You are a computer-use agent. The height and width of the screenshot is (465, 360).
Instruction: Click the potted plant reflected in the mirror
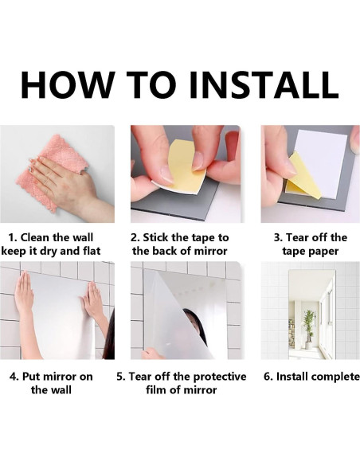(309, 329)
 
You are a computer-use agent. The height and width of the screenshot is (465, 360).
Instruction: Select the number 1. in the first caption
(13, 237)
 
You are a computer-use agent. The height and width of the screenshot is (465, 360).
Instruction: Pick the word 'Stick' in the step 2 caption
(156, 237)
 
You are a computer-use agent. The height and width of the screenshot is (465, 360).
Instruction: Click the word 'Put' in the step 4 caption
(31, 377)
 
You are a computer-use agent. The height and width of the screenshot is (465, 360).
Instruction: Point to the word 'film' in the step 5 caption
(155, 389)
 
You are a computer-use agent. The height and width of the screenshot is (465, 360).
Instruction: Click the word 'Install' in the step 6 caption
(292, 377)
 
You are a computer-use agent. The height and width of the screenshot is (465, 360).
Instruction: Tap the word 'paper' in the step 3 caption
(325, 252)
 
